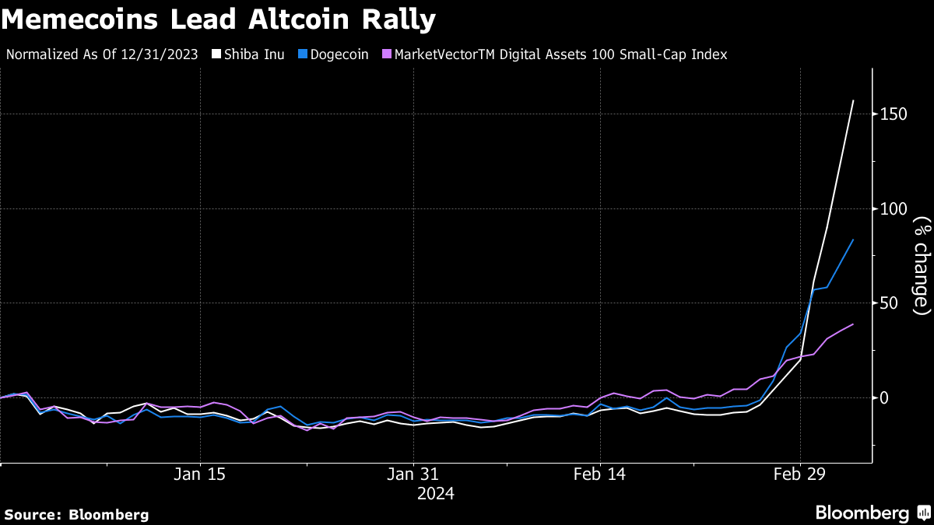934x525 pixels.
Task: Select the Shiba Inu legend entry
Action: pos(255,54)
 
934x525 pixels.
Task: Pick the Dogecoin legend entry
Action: pos(339,54)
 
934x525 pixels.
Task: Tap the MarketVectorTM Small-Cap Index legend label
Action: pos(560,54)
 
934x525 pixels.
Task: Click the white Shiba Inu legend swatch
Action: pos(218,54)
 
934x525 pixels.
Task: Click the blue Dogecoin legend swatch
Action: pos(303,54)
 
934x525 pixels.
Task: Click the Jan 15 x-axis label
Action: pos(200,474)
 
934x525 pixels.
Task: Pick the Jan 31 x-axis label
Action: pos(413,474)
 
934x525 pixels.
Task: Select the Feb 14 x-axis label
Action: pos(599,474)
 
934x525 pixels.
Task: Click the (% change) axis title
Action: pos(922,265)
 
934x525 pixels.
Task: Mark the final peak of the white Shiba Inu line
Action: pos(853,100)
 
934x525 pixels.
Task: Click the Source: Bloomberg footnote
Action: pos(76,514)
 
